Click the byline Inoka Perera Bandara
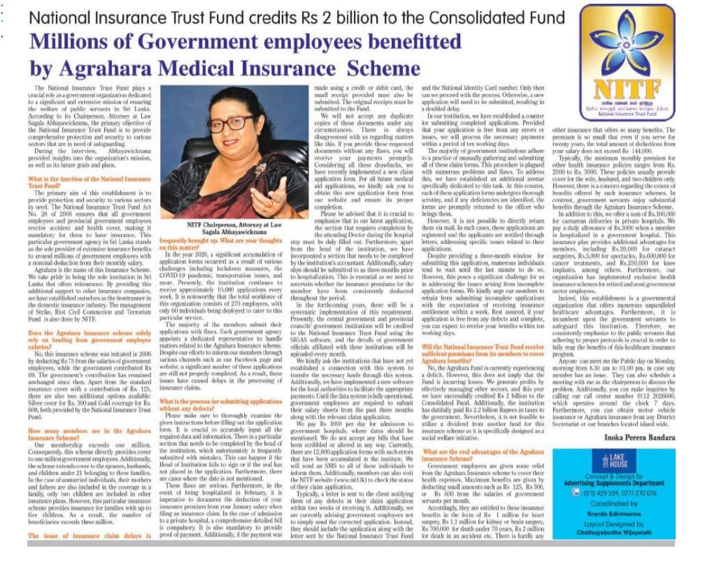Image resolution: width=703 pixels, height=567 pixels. point(637,437)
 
